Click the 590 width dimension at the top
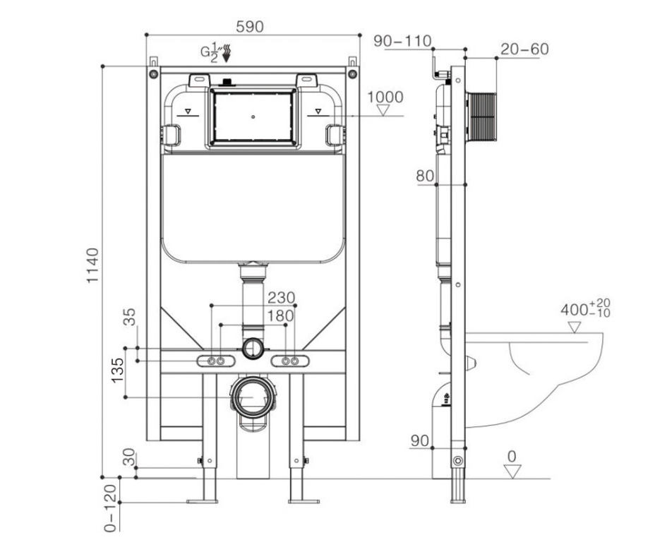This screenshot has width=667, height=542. pyautogui.click(x=250, y=27)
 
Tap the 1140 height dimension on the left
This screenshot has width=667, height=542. pyautogui.click(x=92, y=265)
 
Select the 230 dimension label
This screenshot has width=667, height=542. pyautogui.click(x=281, y=297)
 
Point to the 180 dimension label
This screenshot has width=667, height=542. pyautogui.click(x=281, y=315)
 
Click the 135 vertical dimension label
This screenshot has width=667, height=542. pyautogui.click(x=117, y=370)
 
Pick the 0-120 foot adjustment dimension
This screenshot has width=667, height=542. pyautogui.click(x=110, y=508)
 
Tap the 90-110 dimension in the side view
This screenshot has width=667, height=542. pyautogui.click(x=402, y=41)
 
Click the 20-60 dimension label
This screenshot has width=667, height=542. pyautogui.click(x=524, y=49)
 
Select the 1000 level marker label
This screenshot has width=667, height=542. pyautogui.click(x=385, y=97)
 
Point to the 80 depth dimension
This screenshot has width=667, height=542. pyautogui.click(x=425, y=176)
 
